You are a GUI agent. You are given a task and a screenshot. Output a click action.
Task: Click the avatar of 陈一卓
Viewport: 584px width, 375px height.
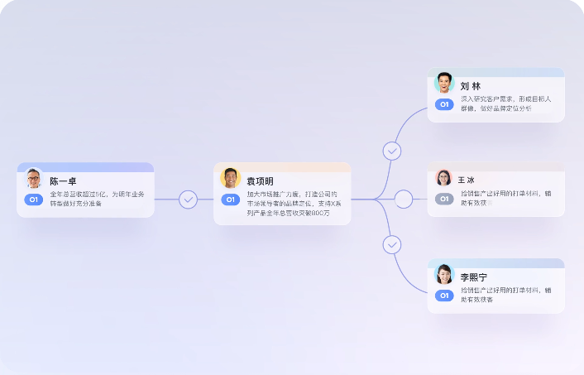(34, 179)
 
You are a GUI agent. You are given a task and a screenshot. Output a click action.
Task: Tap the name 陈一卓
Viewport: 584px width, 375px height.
(64, 181)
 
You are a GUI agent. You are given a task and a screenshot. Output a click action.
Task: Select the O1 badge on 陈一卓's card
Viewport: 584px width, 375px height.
(34, 200)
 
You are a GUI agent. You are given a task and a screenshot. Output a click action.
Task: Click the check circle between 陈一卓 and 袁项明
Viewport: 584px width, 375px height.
(189, 200)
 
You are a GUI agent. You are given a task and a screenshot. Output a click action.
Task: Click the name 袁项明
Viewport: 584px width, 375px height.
(260, 181)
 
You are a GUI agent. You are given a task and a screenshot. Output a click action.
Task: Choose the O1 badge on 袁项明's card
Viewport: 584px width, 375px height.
(231, 200)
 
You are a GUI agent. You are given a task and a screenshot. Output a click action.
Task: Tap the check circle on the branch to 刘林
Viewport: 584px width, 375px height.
(392, 151)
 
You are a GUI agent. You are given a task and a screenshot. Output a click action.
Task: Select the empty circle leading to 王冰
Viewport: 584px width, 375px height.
(404, 200)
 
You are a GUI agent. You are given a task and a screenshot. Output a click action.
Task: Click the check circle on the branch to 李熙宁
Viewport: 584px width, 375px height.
(392, 245)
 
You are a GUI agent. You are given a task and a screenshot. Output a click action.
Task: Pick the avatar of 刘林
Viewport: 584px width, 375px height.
(444, 84)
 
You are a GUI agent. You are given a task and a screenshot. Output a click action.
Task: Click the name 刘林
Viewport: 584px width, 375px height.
(471, 86)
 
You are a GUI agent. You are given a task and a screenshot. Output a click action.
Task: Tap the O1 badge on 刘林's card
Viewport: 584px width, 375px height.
(444, 105)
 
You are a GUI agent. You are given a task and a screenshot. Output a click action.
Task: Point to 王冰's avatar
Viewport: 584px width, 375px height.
(444, 178)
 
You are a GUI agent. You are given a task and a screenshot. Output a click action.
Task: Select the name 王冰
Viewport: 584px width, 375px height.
(467, 180)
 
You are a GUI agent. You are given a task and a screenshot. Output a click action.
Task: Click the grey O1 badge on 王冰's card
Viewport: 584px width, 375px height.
(444, 199)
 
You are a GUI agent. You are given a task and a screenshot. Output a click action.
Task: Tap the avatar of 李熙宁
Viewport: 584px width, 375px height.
(444, 274)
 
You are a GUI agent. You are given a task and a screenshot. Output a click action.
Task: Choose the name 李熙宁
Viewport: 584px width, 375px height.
(475, 277)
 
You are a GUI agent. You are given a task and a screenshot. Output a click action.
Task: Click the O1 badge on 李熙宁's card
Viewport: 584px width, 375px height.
(444, 296)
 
